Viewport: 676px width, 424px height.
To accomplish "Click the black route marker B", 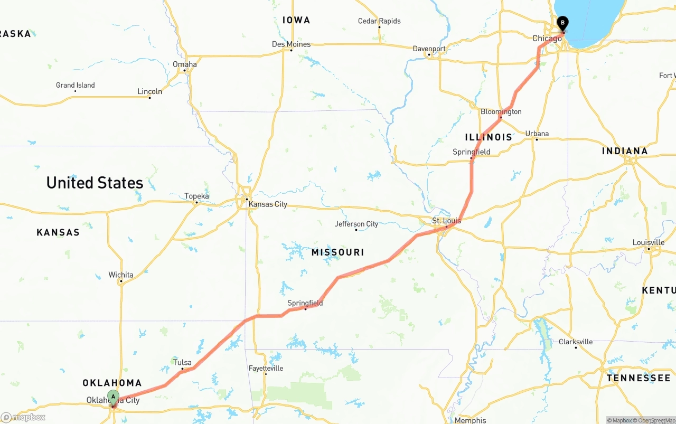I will click(563, 23).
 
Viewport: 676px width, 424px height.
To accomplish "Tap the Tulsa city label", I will click(182, 362).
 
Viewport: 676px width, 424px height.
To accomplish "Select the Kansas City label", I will click(268, 204).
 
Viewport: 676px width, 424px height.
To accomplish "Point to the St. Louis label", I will click(446, 221).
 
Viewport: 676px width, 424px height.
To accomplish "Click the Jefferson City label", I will click(356, 224).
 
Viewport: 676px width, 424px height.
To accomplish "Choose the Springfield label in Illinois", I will click(471, 152).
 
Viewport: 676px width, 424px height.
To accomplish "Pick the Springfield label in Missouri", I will click(305, 303).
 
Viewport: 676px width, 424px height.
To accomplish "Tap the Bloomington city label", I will click(501, 111).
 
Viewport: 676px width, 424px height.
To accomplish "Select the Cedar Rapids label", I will click(379, 21).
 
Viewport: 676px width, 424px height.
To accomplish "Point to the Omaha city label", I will click(185, 64).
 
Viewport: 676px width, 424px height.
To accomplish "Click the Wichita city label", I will click(121, 275).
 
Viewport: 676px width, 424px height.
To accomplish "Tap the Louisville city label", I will click(649, 242).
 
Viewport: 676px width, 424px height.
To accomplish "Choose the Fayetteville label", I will click(266, 368).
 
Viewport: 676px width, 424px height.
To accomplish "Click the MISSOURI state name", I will click(337, 253).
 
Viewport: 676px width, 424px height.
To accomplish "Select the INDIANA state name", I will click(625, 152).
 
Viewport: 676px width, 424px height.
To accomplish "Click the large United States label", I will click(95, 183).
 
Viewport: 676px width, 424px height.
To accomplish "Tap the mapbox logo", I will click(23, 417).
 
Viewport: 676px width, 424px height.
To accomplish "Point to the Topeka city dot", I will click(196, 202).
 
